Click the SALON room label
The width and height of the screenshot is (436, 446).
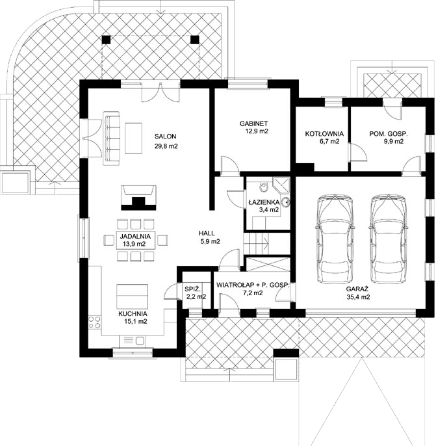click(x=166, y=137)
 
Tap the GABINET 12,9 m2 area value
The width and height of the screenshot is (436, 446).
click(x=257, y=131)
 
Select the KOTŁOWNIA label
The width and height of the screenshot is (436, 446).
click(x=324, y=134)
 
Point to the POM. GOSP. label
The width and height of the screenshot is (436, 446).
click(x=389, y=134)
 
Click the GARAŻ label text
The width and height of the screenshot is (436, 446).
click(x=357, y=289)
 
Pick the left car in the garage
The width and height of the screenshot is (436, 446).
click(x=335, y=239)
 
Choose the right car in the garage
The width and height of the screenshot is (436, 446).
click(x=389, y=239)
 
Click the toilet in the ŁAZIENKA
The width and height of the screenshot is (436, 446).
click(x=264, y=187)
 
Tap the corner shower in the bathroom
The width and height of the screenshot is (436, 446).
click(x=281, y=186)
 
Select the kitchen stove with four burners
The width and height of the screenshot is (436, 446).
click(x=95, y=322)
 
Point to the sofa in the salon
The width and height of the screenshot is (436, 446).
click(x=111, y=138)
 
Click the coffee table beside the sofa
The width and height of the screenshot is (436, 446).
click(x=134, y=138)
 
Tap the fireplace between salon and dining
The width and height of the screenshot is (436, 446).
click(x=138, y=198)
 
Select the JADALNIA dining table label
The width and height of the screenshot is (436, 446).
click(x=135, y=236)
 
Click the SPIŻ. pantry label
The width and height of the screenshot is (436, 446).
click(x=193, y=289)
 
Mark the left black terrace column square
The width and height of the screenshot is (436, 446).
click(x=106, y=40)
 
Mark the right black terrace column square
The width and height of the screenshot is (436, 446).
click(x=195, y=40)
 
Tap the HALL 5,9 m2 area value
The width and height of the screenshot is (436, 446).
click(x=210, y=242)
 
